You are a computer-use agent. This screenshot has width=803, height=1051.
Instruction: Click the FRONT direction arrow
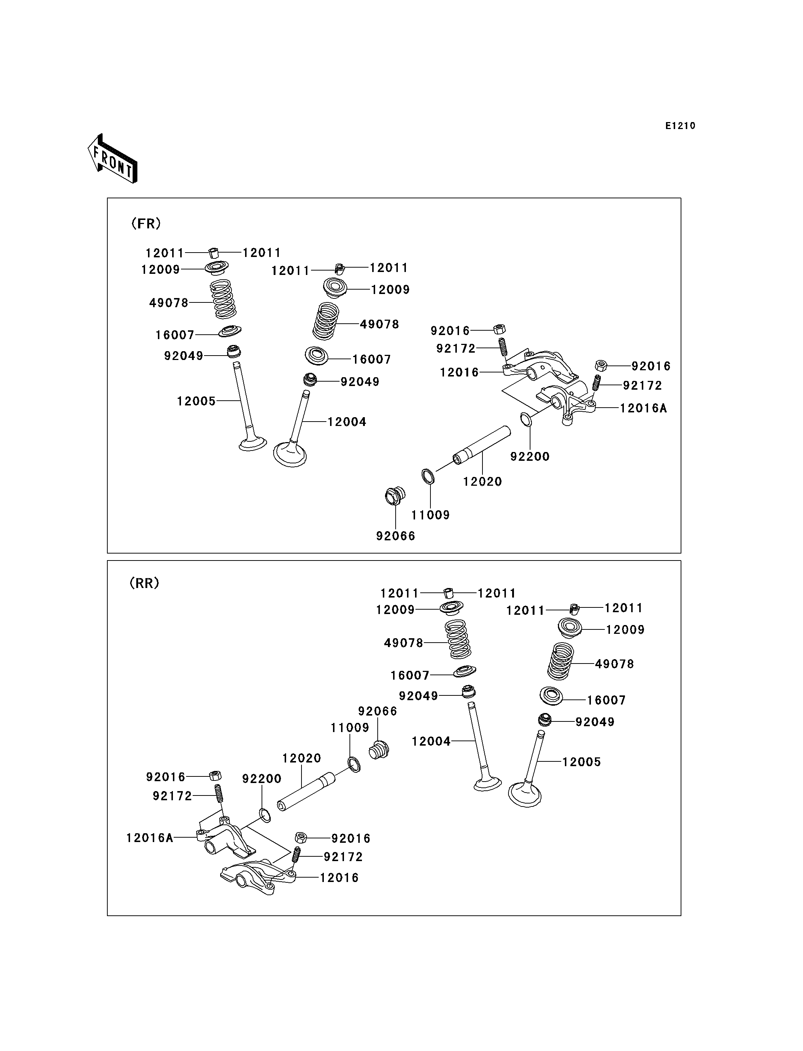113,159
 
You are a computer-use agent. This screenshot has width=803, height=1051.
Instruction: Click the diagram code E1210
680,126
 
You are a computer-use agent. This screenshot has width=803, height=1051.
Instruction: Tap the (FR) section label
146,223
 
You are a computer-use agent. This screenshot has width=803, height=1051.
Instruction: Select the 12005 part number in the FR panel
196,401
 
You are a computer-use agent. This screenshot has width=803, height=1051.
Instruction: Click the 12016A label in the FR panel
643,408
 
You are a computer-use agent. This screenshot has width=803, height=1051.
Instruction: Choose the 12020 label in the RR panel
301,758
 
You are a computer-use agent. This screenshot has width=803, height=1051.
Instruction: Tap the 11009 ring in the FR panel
428,477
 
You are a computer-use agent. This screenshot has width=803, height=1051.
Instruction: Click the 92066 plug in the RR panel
380,750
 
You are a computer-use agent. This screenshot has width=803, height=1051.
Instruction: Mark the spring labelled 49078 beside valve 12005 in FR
224,300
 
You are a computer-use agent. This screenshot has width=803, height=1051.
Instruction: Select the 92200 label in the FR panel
530,456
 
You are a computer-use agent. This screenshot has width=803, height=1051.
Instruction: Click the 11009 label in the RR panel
350,728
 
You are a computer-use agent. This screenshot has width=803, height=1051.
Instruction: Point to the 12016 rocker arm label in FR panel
459,372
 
